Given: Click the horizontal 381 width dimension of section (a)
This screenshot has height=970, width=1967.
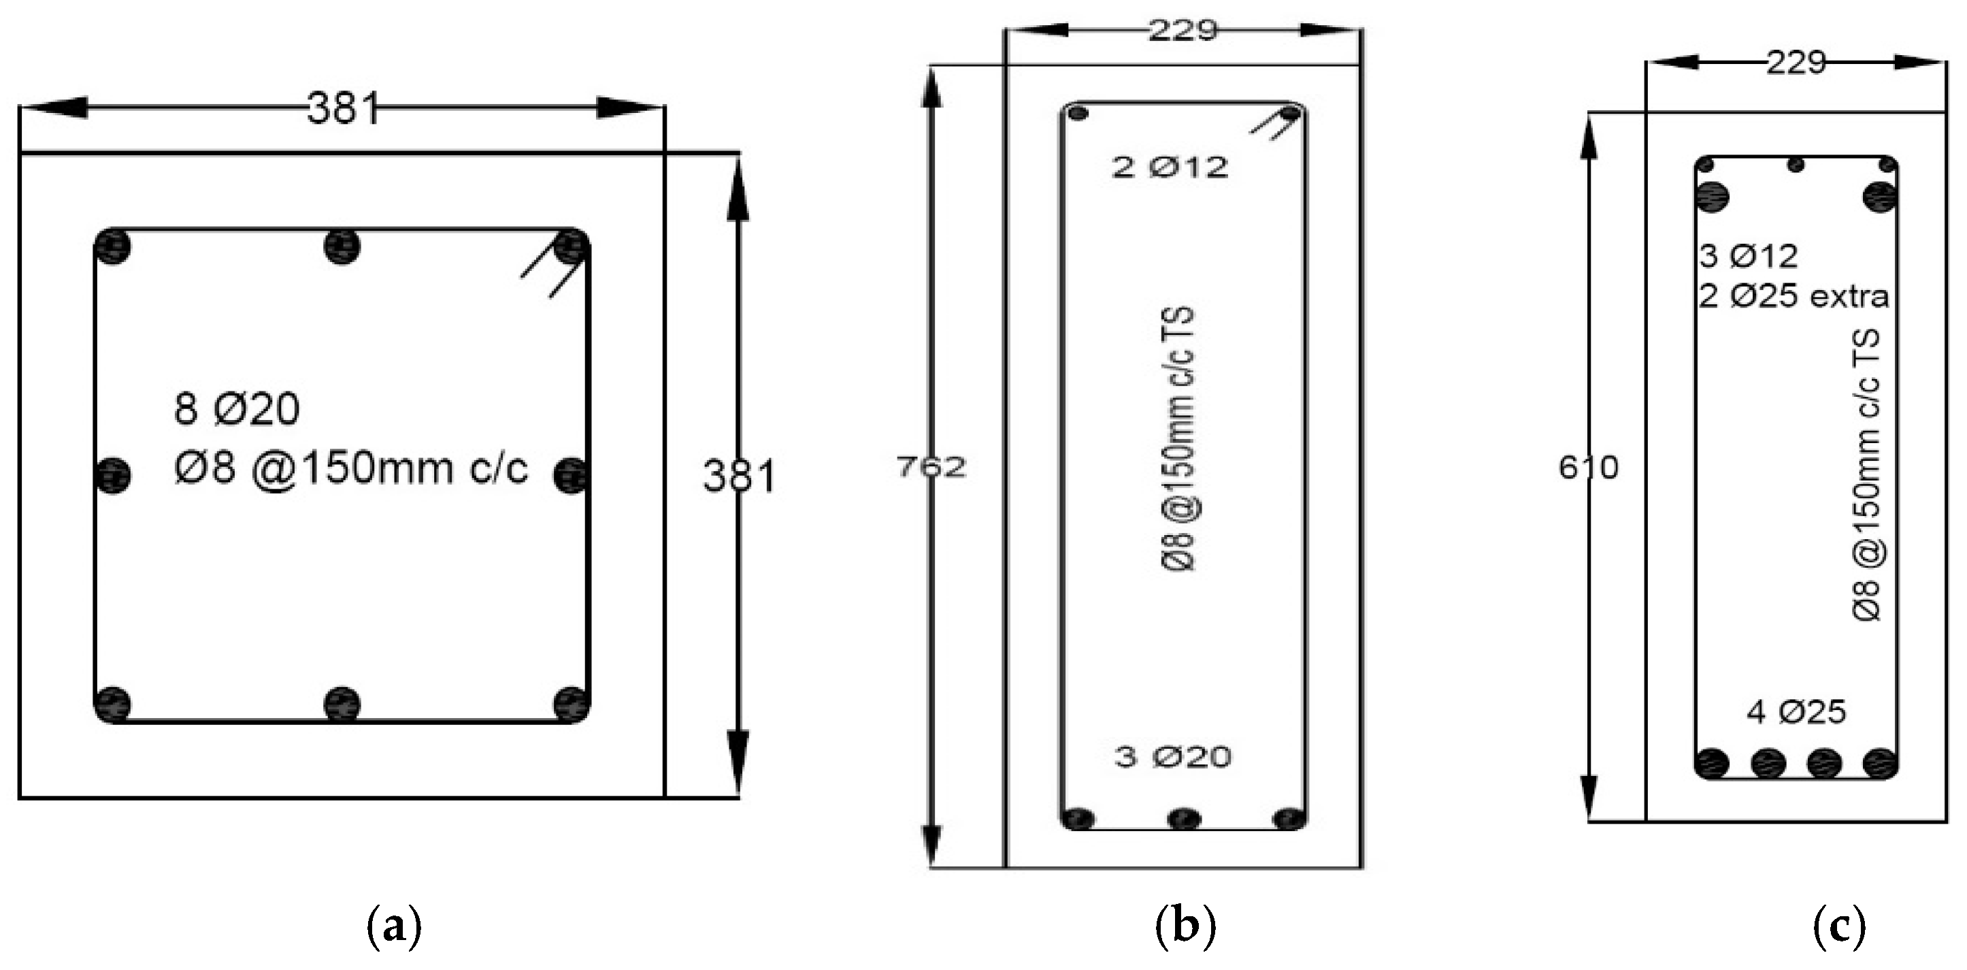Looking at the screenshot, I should click(x=343, y=108).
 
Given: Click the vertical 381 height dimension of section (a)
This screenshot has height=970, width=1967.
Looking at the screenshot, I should click(x=738, y=476).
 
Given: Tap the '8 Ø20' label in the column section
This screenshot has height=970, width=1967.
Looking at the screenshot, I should click(x=237, y=408).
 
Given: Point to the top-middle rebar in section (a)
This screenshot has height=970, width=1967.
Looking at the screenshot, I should click(x=342, y=246).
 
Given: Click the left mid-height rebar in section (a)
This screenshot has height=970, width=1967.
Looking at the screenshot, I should click(x=114, y=475).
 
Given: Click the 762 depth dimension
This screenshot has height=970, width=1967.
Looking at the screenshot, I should click(x=931, y=466).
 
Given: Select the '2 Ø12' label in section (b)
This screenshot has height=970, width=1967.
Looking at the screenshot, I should click(x=1170, y=167).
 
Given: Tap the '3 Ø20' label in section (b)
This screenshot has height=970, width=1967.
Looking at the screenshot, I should click(x=1173, y=757).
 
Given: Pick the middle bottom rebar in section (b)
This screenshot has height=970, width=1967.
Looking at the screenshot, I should click(x=1184, y=820).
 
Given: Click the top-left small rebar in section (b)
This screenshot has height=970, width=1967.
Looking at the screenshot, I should click(x=1078, y=114).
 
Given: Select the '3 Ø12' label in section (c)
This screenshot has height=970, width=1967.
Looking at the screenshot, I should click(x=1749, y=256).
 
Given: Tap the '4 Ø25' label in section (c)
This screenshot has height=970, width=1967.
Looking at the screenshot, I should click(x=1796, y=712).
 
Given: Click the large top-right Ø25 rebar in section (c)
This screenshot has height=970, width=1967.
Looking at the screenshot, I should click(x=1879, y=197).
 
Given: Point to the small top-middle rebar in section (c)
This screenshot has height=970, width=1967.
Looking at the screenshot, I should click(x=1796, y=164).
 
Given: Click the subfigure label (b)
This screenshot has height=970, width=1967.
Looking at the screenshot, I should click(x=1185, y=928).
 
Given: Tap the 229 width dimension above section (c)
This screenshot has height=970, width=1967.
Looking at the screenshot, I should click(x=1796, y=63).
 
